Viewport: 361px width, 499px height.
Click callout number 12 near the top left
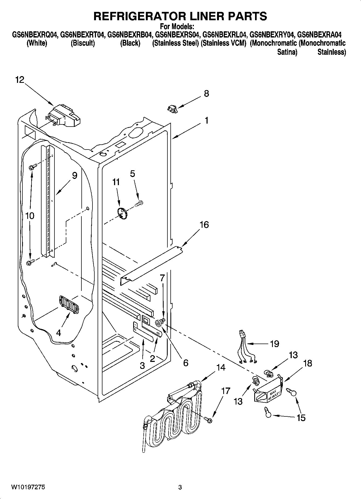pos(20,80)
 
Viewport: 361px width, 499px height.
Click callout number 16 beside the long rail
pos(204,225)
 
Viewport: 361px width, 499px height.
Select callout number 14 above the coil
pos(221,367)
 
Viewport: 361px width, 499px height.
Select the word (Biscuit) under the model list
pos(83,43)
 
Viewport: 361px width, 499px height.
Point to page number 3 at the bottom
pos(180,487)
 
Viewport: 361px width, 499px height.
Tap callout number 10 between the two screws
pos(30,216)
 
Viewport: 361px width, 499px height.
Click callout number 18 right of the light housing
pos(307,363)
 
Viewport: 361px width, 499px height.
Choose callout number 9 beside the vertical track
pos(74,176)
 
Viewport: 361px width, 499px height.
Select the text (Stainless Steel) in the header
pos(176,43)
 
